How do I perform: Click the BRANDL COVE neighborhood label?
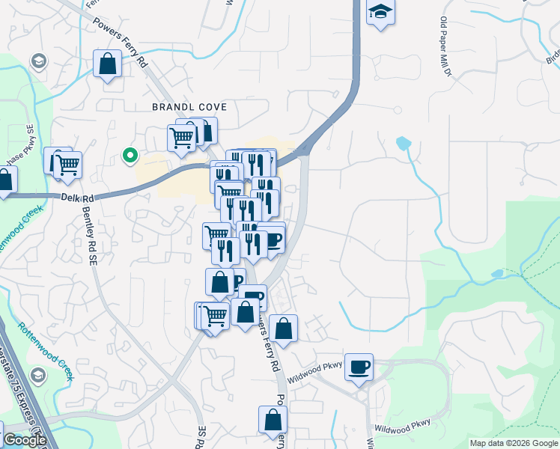(x=189, y=107)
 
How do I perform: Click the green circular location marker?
(x=130, y=156)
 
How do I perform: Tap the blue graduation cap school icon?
(x=380, y=12)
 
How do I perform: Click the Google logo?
(x=25, y=440)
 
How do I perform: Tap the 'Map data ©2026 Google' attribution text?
(x=514, y=443)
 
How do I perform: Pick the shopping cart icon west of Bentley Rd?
(x=67, y=163)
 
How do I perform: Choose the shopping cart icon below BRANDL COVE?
(x=182, y=138)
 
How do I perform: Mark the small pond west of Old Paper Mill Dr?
(x=404, y=142)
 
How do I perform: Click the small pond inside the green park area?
(x=496, y=274)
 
